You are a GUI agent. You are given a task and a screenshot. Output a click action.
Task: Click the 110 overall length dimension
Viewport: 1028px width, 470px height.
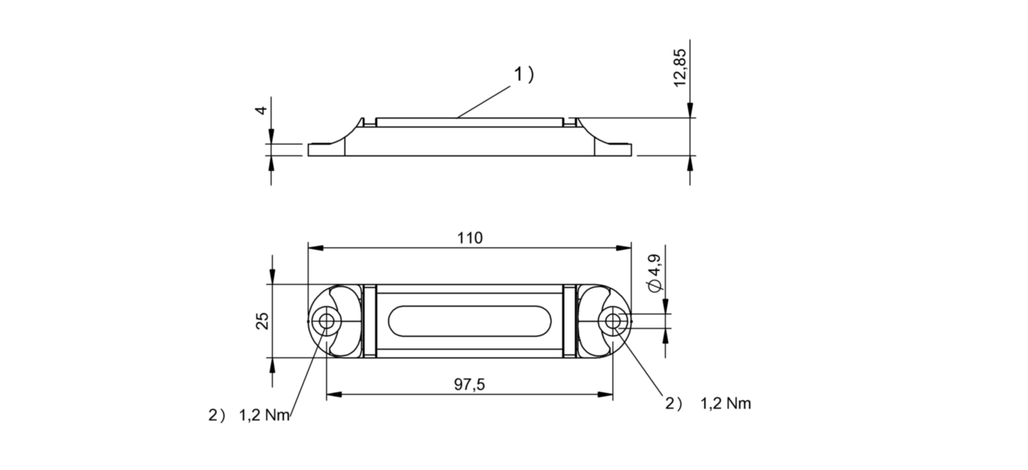(x=470, y=238)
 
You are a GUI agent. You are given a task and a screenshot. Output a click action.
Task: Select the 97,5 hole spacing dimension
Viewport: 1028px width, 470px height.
(x=469, y=384)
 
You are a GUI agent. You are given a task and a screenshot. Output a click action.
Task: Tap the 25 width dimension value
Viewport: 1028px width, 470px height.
(x=262, y=321)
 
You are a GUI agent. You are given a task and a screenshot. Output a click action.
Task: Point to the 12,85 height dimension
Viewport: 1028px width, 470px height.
(x=680, y=69)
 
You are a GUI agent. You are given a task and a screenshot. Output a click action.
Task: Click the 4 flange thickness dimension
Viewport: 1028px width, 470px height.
(x=260, y=110)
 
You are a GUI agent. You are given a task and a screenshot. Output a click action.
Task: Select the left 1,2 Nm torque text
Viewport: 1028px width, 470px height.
(x=264, y=416)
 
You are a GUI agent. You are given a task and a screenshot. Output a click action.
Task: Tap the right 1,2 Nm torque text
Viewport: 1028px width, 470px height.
(x=726, y=404)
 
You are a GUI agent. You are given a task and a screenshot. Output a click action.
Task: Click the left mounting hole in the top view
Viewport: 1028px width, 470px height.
(x=326, y=322)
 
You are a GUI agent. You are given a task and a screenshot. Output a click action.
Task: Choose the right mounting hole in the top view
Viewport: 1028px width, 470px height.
(x=612, y=322)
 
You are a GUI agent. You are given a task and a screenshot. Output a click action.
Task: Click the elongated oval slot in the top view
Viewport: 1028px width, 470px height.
(x=469, y=322)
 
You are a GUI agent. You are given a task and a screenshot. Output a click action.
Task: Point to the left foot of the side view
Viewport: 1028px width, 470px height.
(x=326, y=150)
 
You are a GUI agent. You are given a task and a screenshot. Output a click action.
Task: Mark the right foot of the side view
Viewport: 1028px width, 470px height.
(x=615, y=150)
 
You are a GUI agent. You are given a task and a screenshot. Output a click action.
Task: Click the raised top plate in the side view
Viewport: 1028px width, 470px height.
(x=469, y=122)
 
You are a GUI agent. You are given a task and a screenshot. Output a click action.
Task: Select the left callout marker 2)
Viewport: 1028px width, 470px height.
(x=215, y=416)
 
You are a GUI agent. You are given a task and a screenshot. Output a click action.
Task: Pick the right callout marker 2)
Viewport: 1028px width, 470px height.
(x=673, y=404)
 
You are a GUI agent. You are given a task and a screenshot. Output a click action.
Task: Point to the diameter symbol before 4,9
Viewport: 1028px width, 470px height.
(x=654, y=286)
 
